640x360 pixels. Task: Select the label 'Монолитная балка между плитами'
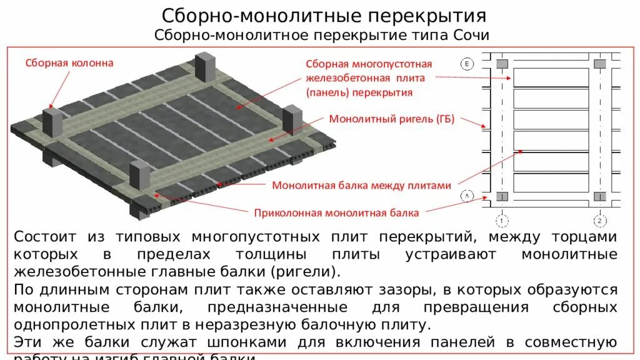point(361,186)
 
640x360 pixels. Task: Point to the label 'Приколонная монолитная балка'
point(336,212)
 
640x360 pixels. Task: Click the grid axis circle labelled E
point(467,63)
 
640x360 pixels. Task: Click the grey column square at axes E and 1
point(502,64)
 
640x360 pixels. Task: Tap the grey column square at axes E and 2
point(599,64)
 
